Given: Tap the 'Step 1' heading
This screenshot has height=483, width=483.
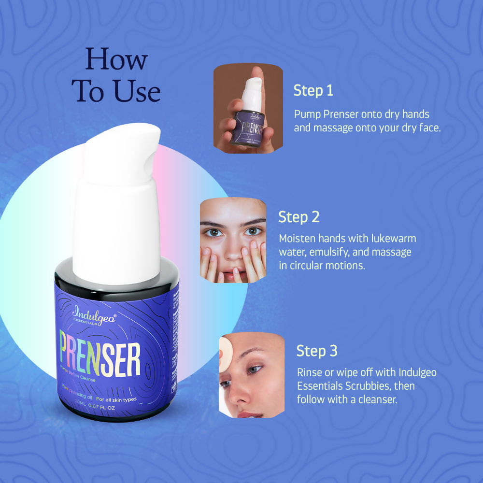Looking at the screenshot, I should coord(313,90).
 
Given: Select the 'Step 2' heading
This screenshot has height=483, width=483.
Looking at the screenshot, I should coord(299,217).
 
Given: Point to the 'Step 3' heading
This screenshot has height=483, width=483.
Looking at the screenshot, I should coord(317,351).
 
